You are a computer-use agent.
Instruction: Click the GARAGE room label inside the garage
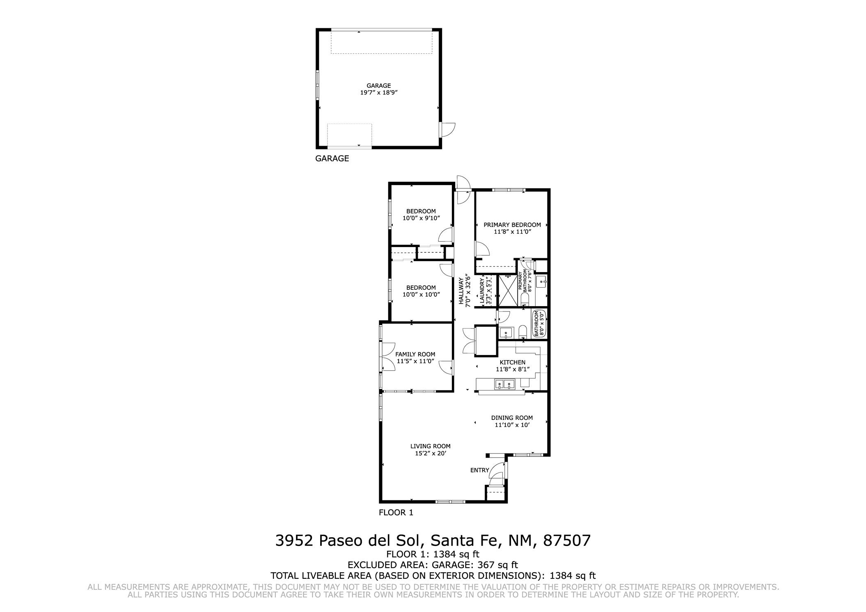[x=378, y=85]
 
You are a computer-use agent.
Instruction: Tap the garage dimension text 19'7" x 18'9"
[x=379, y=93]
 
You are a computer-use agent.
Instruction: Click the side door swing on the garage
[x=449, y=130]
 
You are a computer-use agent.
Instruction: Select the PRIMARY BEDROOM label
[x=512, y=225]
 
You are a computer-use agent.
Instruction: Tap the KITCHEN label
[x=512, y=362]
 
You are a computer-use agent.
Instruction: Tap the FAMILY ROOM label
[x=415, y=354]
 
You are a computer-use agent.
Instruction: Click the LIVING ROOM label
[x=430, y=446]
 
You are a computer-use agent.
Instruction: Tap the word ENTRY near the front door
[x=479, y=470]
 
